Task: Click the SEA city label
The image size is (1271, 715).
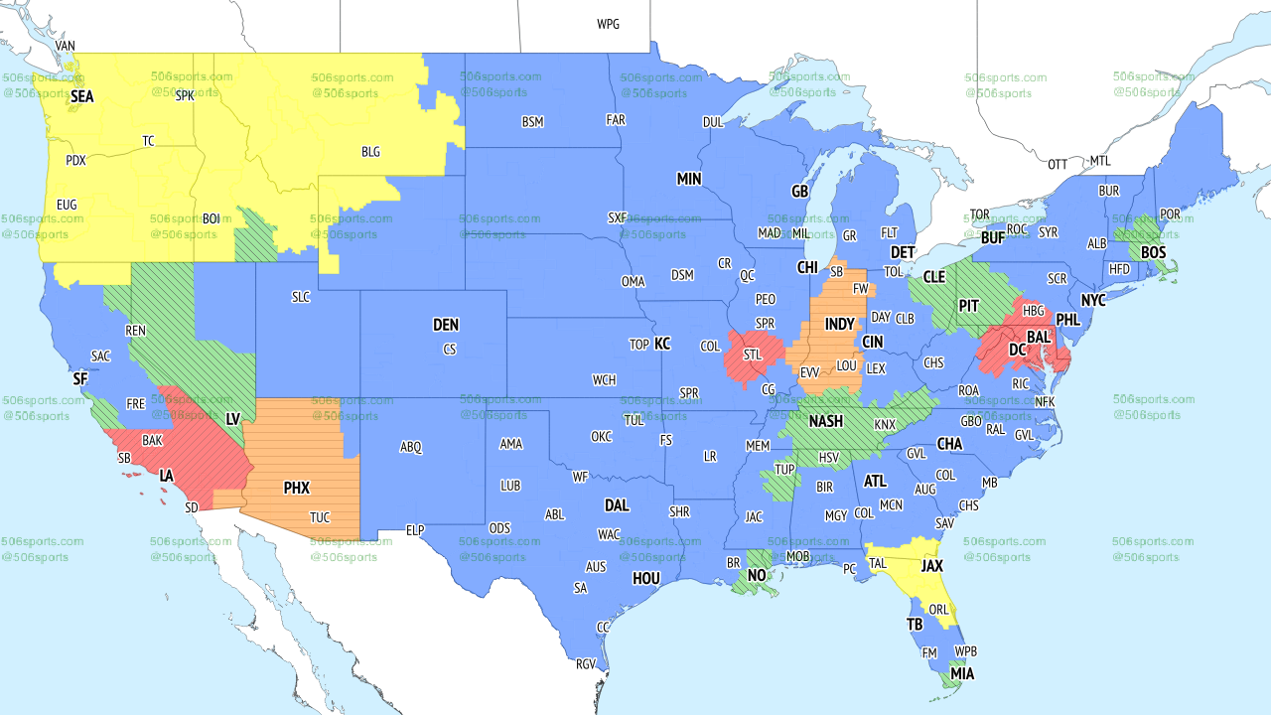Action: pos(81,97)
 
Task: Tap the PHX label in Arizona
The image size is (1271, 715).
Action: pos(296,488)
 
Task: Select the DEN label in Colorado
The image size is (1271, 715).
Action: pos(446,325)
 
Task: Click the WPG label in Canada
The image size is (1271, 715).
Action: pos(608,24)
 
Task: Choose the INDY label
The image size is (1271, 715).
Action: pos(839,325)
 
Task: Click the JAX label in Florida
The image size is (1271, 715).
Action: pos(931,565)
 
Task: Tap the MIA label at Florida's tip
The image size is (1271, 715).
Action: pos(961,674)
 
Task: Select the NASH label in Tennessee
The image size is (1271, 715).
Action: pos(825,421)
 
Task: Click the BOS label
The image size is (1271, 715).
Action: pos(1153,252)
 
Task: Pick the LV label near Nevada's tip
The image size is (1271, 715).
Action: pos(233,419)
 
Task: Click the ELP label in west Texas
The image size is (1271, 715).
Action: pos(415,530)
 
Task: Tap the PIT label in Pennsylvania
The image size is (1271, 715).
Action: pos(968,305)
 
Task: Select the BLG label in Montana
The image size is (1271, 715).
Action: pos(370,152)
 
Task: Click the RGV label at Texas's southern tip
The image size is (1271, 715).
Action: pos(586,664)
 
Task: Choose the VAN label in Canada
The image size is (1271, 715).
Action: pos(66,46)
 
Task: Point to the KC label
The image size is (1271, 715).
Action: pos(662,344)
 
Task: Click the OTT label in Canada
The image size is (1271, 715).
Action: pos(1058,164)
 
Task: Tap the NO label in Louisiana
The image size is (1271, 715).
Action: pos(757,575)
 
